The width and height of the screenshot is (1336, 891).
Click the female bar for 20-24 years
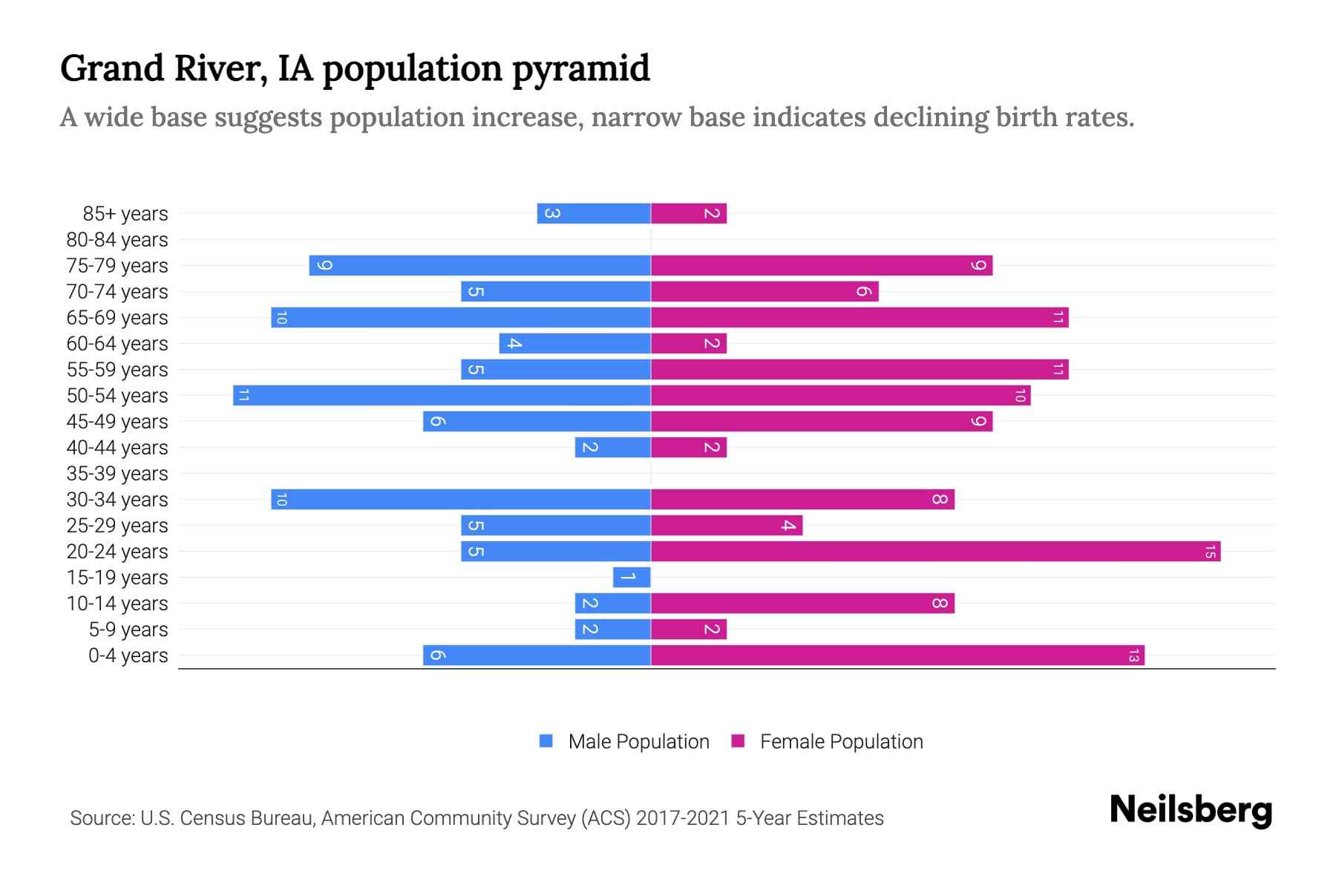click(935, 552)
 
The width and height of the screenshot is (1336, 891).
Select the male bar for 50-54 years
click(442, 396)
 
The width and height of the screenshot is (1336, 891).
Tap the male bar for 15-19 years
click(632, 578)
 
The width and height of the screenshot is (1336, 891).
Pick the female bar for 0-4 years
click(897, 656)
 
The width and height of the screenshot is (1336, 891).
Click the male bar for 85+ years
click(594, 214)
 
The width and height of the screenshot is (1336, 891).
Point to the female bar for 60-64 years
click(689, 344)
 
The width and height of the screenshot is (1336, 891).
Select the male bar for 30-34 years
click(461, 500)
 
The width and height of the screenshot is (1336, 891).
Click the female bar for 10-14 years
click(802, 604)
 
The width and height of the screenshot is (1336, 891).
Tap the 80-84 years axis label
click(117, 240)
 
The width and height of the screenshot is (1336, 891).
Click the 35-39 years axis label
click(117, 474)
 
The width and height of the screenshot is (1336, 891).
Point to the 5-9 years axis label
click(128, 630)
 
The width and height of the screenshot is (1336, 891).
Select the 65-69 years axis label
click(117, 318)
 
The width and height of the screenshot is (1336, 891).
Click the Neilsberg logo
click(1191, 810)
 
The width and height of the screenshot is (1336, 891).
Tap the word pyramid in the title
click(581, 69)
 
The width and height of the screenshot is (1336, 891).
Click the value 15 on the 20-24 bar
click(1210, 552)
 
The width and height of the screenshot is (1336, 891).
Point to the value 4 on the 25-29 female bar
click(788, 526)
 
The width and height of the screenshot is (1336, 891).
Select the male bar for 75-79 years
click(479, 266)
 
